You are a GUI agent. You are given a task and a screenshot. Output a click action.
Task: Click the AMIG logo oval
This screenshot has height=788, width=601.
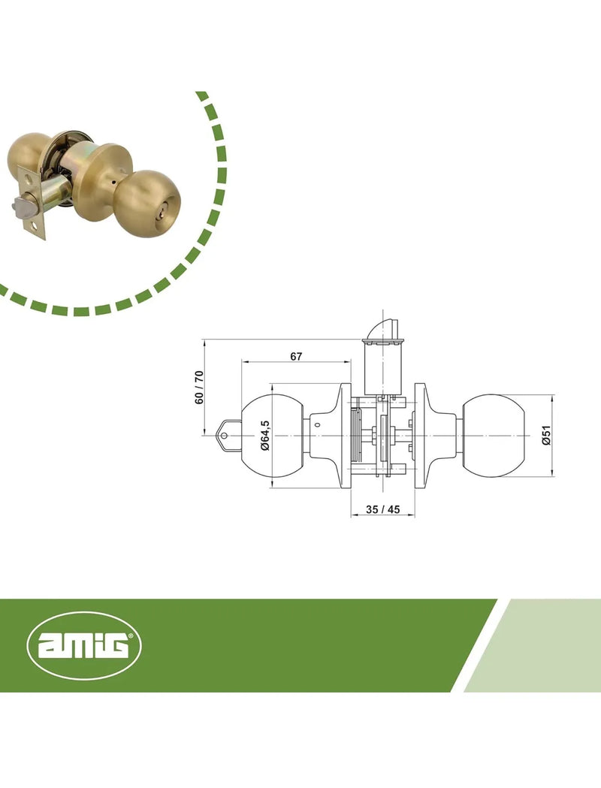(x=84, y=645)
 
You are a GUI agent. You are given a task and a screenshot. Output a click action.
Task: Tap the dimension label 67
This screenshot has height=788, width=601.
(x=297, y=356)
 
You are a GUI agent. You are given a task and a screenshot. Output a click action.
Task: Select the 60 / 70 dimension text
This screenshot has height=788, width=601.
(x=200, y=387)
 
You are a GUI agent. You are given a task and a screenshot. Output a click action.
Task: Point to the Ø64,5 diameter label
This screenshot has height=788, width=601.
(x=265, y=435)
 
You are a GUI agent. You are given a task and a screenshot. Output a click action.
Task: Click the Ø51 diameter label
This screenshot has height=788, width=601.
(x=547, y=435)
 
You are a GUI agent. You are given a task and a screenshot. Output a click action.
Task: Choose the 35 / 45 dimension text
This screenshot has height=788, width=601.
(x=383, y=509)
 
